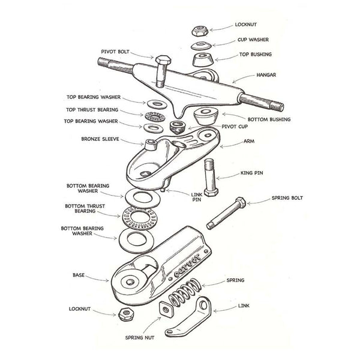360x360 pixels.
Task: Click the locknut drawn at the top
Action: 199,29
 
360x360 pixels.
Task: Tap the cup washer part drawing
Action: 201,46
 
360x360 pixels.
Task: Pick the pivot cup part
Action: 177,127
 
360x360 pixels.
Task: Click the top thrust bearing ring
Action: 152,116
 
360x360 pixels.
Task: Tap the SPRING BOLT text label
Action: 291,197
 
